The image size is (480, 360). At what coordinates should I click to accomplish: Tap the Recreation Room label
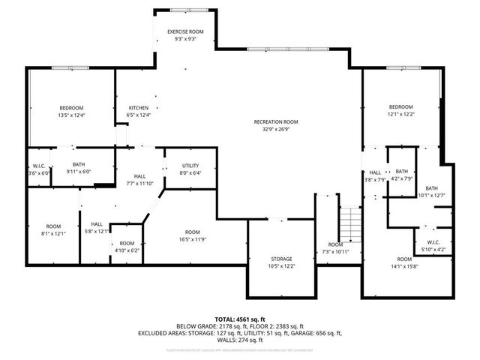pyautogui.click(x=276, y=121)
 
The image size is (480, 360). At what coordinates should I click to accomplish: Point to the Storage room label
pyautogui.click(x=282, y=259)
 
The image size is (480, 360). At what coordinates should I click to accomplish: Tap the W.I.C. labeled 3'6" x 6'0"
pyautogui.click(x=39, y=169)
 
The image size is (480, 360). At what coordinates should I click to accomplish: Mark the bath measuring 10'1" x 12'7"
pyautogui.click(x=432, y=192)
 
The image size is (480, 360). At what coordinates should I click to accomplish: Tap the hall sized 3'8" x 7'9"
pyautogui.click(x=375, y=175)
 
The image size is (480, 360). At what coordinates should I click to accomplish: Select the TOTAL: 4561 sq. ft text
pyautogui.click(x=239, y=319)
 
